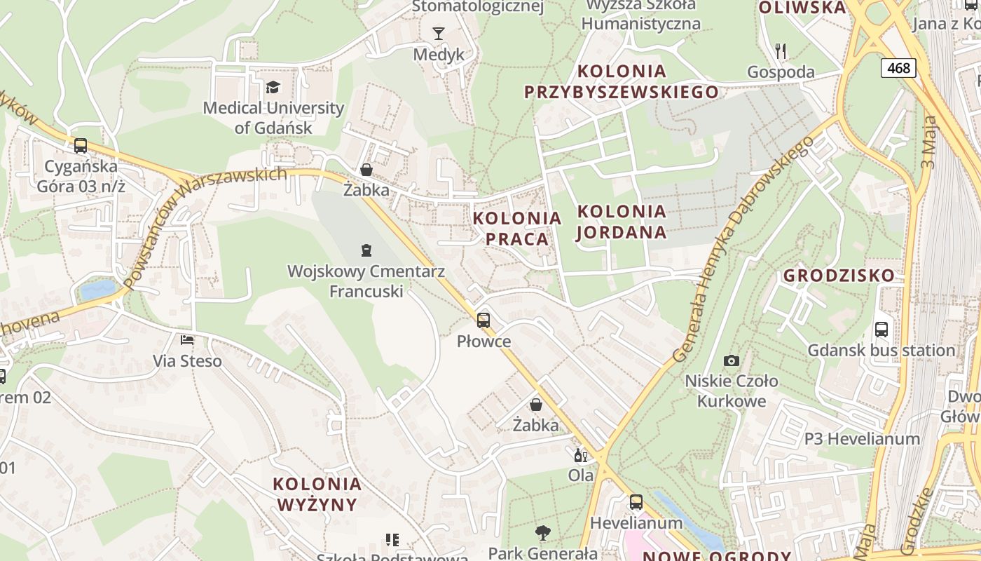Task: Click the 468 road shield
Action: click(x=898, y=67)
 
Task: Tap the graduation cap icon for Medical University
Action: click(x=273, y=87)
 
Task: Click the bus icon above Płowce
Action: click(x=483, y=320)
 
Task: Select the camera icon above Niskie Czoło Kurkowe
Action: click(x=732, y=360)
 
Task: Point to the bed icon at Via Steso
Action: click(x=187, y=340)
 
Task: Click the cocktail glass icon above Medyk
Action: click(x=439, y=33)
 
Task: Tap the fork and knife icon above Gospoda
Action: click(x=781, y=50)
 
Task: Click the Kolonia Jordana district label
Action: click(x=622, y=222)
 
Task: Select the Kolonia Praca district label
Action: click(x=517, y=229)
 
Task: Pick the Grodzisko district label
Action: click(x=839, y=276)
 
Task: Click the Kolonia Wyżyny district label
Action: click(x=317, y=494)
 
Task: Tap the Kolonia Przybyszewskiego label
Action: click(x=622, y=81)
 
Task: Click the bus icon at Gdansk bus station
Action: click(x=881, y=329)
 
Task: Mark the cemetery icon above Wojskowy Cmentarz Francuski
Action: click(x=366, y=250)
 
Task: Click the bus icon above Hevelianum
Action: click(x=636, y=502)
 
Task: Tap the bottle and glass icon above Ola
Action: click(x=581, y=456)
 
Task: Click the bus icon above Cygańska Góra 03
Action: click(x=81, y=146)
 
